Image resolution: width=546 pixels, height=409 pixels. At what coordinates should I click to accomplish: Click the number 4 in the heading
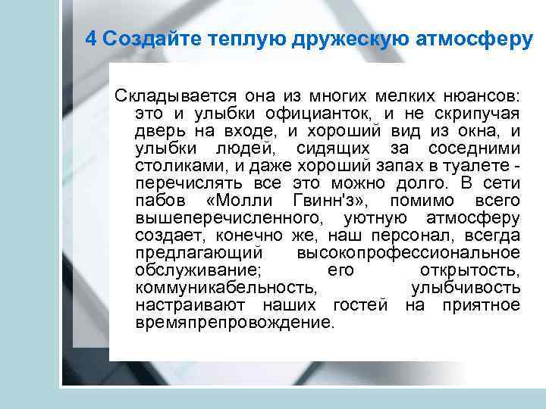coord(90,39)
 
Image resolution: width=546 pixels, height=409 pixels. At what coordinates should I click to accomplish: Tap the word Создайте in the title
coord(136,39)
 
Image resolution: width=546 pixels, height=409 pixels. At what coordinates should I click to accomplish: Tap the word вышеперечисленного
coord(227,218)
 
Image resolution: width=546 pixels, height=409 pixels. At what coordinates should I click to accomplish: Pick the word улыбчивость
coord(465,288)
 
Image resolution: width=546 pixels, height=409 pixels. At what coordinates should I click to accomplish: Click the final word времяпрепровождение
coord(234,323)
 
